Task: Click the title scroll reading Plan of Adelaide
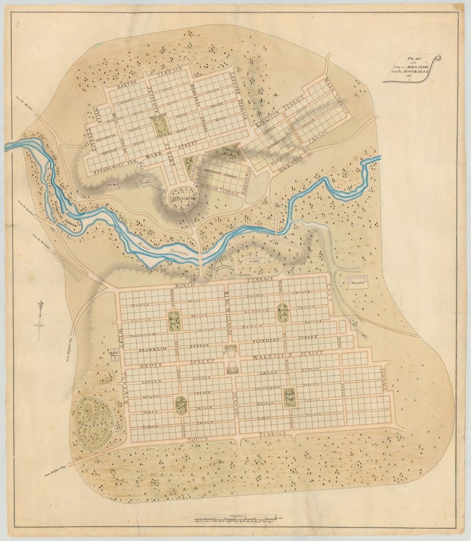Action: point(411,71)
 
